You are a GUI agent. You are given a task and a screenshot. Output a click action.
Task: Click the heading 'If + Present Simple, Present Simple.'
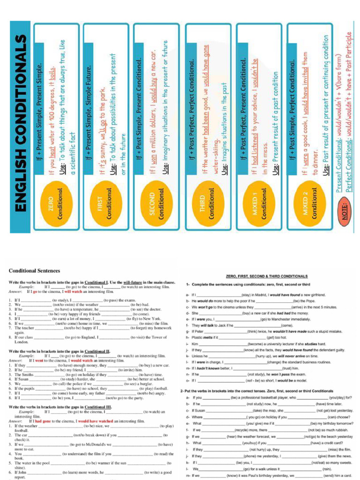[x=40, y=107]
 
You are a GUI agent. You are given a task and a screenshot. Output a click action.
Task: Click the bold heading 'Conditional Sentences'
[x=34, y=271]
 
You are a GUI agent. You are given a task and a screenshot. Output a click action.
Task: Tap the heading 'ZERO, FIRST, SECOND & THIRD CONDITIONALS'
[x=267, y=277]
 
